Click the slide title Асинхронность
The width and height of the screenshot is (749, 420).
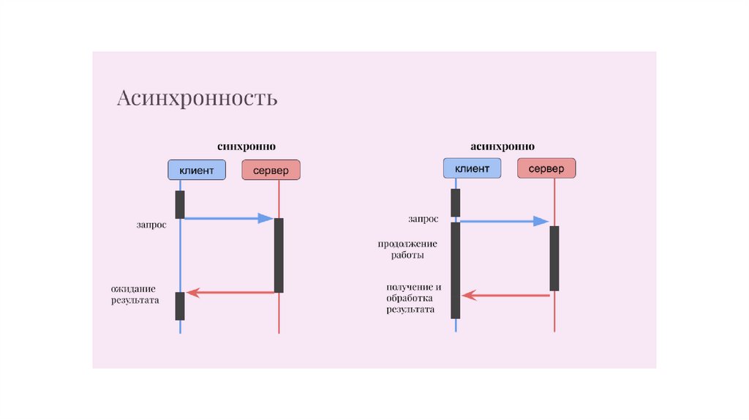pos(197,98)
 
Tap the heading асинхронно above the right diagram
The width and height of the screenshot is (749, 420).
pos(502,146)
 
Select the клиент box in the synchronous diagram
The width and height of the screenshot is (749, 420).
pos(197,170)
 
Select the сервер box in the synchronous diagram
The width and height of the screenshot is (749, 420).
pos(271,170)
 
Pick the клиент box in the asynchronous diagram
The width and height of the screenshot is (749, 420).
pos(472,169)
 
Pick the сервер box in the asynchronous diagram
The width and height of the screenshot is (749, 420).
pos(546,169)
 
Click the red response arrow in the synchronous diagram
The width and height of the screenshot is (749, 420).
pos(230,293)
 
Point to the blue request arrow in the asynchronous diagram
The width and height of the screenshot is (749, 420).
pos(505,221)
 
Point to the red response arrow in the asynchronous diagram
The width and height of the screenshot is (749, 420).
pos(505,296)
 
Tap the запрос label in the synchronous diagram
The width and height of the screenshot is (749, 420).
pos(151,225)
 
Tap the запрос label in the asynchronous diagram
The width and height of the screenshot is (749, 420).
pos(424,218)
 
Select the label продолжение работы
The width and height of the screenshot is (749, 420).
pos(407,250)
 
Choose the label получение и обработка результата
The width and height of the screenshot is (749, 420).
pos(413,298)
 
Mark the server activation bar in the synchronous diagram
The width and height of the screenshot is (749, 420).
pos(279,255)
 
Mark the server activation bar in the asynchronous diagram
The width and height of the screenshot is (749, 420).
pos(554,258)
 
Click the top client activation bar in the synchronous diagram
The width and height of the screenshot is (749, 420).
pos(180,204)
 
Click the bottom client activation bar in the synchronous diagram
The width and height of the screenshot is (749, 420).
pos(180,306)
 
